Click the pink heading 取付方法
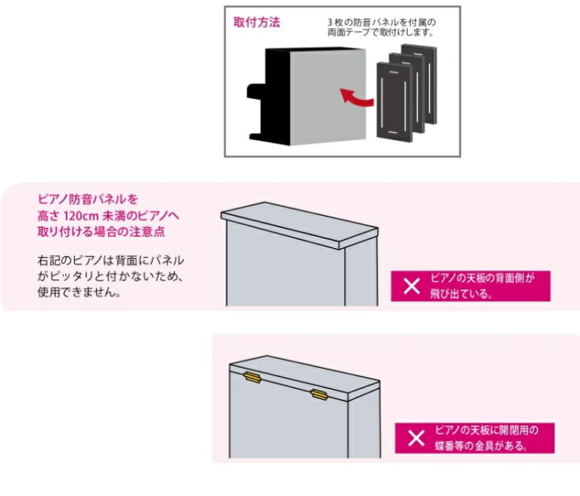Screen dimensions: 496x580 (257, 23)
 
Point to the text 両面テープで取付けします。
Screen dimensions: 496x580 (381, 33)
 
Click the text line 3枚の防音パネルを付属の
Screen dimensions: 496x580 (381, 22)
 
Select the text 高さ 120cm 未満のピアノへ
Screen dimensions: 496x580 (106, 214)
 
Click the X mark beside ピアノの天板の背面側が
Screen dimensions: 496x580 (412, 286)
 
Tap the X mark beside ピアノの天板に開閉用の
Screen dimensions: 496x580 (415, 438)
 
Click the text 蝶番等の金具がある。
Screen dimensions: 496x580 (481, 445)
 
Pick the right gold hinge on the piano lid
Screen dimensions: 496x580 (318, 394)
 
